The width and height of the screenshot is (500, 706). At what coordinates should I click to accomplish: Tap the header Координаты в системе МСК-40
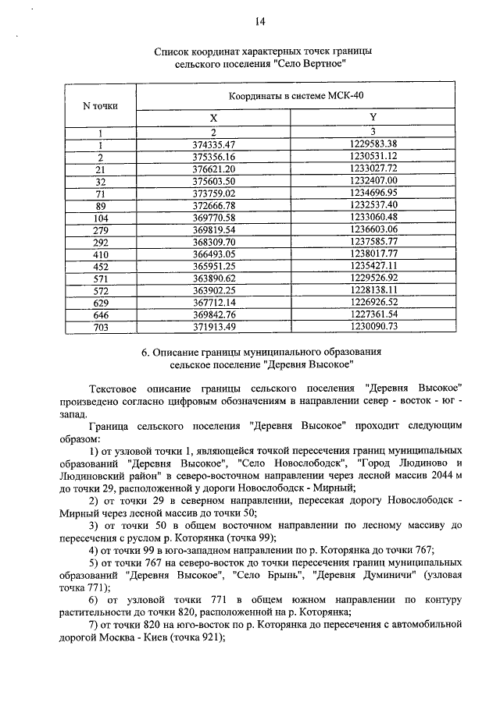(x=296, y=95)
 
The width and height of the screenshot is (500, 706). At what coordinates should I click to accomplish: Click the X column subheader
(x=213, y=116)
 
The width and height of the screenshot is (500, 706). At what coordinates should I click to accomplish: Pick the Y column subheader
(x=372, y=116)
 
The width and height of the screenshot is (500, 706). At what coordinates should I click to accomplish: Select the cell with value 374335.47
(x=213, y=144)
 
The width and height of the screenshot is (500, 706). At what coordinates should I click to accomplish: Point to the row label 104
(x=100, y=216)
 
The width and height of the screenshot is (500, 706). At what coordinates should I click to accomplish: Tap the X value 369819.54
(x=213, y=229)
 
